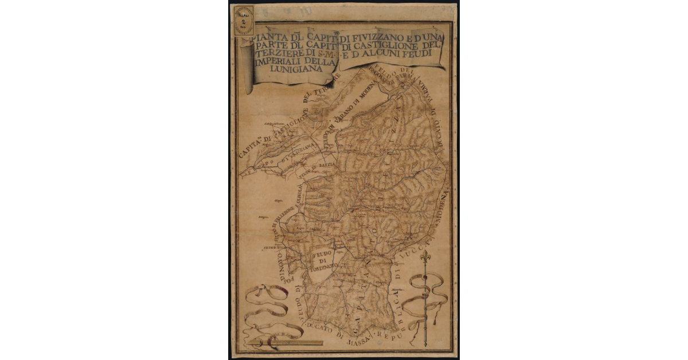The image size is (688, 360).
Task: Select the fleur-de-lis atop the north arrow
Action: (425, 258)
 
